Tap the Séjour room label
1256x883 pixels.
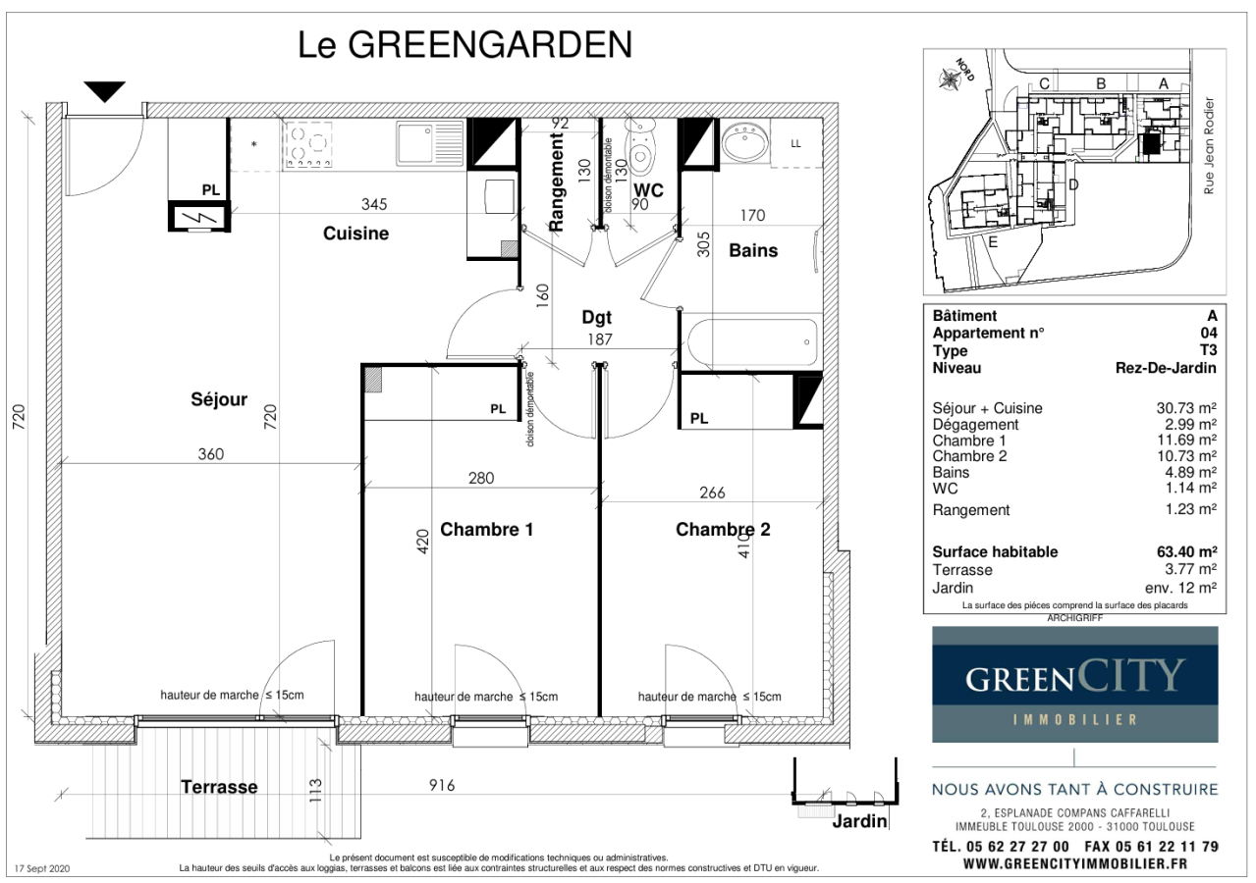click(219, 399)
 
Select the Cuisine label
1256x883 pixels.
click(355, 234)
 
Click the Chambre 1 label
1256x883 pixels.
click(486, 530)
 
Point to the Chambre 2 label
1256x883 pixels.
click(723, 530)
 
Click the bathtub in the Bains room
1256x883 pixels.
click(752, 341)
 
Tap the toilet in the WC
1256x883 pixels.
click(641, 145)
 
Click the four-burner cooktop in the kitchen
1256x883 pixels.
click(308, 145)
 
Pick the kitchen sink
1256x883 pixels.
click(430, 143)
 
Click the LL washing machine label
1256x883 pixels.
click(795, 144)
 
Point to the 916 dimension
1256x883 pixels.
click(442, 786)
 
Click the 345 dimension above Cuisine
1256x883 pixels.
click(374, 204)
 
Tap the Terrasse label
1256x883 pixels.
click(219, 787)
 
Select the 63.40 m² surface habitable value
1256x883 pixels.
click(1186, 551)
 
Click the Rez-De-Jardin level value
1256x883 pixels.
click(1166, 368)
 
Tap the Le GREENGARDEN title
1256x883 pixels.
click(464, 45)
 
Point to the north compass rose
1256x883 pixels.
click(950, 79)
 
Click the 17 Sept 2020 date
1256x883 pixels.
click(42, 869)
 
